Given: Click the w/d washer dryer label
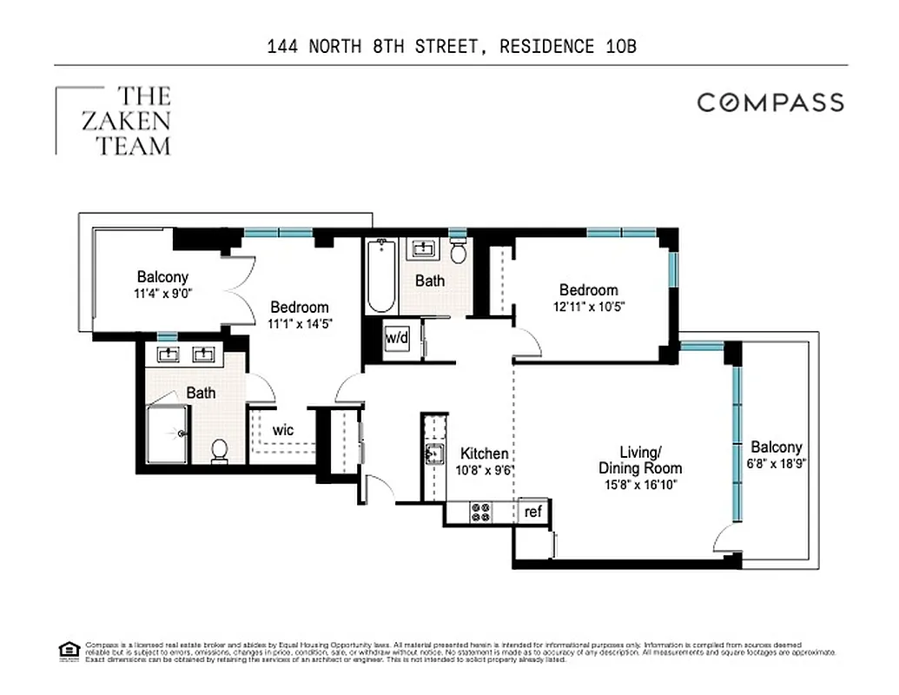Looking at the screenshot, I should tap(397, 337).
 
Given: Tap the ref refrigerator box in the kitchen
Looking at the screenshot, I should tap(533, 512).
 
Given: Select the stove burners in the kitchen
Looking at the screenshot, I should tap(480, 513).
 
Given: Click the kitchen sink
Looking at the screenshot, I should tap(433, 453).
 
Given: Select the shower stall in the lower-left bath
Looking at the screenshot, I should tap(167, 434).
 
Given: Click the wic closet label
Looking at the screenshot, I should tap(283, 430).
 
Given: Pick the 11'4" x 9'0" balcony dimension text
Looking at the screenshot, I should tap(162, 294).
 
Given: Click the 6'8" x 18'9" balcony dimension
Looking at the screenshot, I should tap(777, 463).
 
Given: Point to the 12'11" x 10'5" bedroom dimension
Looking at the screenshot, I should tap(588, 306).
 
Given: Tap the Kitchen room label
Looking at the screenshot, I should tap(484, 453).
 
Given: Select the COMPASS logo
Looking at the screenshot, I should tap(770, 103).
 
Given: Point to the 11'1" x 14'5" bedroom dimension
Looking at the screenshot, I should tap(300, 322).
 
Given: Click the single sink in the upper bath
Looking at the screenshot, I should tap(424, 249).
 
